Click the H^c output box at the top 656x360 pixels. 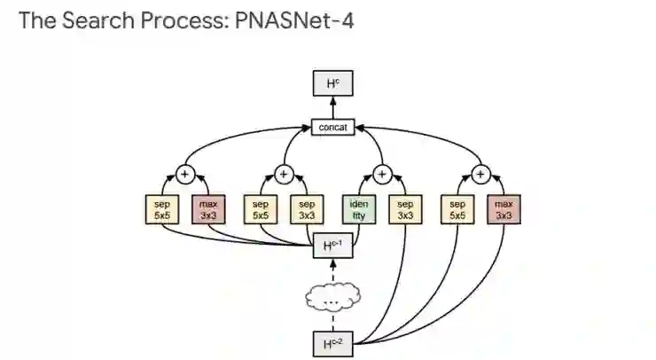coord(332,83)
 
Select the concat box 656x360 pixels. coord(332,127)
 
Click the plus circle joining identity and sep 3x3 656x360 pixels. coord(382,174)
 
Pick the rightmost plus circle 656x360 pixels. coord(480,174)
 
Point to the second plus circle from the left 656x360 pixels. coord(283,174)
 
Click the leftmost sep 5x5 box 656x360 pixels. coord(160,209)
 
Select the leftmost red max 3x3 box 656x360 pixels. coord(208,209)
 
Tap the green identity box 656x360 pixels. coord(358,209)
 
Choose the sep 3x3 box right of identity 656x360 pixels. coord(406,209)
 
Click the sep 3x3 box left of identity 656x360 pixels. coord(307,209)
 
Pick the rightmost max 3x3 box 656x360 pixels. coord(504,209)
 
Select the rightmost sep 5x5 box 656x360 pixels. coord(457,209)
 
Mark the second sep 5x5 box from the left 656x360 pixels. coord(259,209)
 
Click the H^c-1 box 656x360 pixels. coord(332,246)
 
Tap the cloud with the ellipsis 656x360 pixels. coord(332,300)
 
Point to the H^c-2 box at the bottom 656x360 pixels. coord(332,342)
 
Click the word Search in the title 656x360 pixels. coord(98,20)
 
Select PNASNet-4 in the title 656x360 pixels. coord(294,20)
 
